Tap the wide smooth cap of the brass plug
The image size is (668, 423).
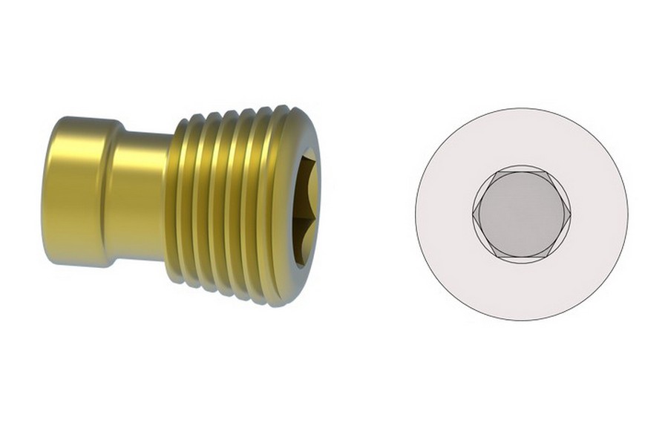(x=74, y=191)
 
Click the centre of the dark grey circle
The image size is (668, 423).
(x=521, y=214)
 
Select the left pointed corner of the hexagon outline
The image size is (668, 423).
(x=473, y=214)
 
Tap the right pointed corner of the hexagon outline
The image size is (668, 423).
(x=570, y=214)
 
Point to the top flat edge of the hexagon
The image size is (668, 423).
(x=521, y=171)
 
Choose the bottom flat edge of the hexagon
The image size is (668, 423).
(x=521, y=257)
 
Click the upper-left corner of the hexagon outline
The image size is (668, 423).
(x=497, y=171)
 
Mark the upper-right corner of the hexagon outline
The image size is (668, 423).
(x=546, y=171)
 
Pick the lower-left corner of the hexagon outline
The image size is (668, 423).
(x=497, y=257)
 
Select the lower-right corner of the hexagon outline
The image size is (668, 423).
(x=546, y=257)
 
